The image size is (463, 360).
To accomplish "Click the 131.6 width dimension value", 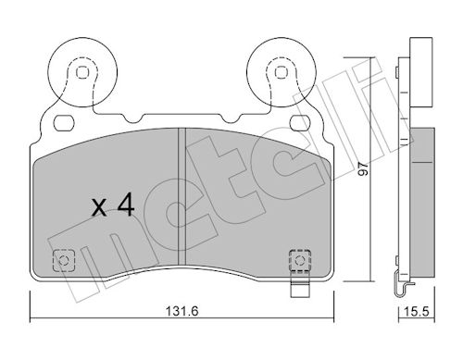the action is [x=181, y=311].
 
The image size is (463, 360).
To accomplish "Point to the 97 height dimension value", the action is [x=364, y=169].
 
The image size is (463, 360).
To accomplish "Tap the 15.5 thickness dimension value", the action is [x=417, y=311].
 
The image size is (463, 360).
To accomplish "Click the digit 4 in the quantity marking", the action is [x=126, y=205].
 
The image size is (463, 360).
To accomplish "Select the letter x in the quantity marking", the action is [x=99, y=207].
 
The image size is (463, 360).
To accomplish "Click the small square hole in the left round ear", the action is [x=82, y=72].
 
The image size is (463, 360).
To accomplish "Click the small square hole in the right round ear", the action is [x=281, y=72].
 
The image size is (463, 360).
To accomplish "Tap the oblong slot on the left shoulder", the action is [x=64, y=123].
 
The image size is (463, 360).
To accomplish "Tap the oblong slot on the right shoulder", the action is [x=299, y=123].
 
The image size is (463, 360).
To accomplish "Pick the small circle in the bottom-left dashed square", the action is [x=64, y=261].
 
